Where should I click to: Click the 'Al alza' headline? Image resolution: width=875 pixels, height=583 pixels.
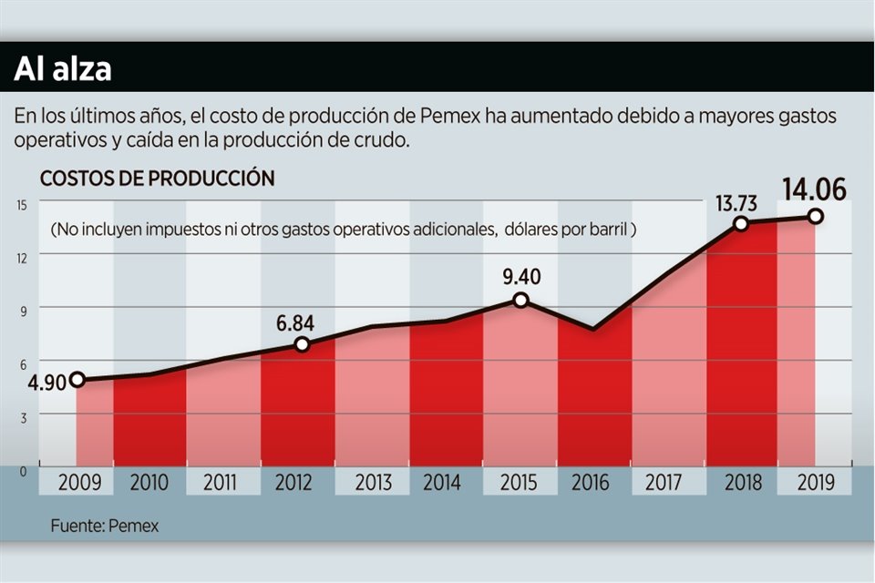pyautogui.click(x=62, y=69)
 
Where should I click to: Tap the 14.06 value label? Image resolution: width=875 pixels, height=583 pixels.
pyautogui.click(x=814, y=189)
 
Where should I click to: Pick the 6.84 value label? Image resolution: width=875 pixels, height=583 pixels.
pyautogui.click(x=303, y=322)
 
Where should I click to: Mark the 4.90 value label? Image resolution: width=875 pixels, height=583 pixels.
pyautogui.click(x=46, y=382)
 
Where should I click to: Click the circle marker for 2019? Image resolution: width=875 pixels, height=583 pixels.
pyautogui.click(x=816, y=217)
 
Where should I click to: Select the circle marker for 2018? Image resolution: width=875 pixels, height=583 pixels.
pyautogui.click(x=742, y=223)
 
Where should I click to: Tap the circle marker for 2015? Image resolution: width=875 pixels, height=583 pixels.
pyautogui.click(x=520, y=300)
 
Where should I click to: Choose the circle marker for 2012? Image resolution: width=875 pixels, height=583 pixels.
pyautogui.click(x=303, y=344)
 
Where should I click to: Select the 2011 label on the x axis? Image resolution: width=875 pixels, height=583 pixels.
pyautogui.click(x=222, y=483)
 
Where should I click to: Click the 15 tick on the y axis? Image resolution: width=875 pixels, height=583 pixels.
pyautogui.click(x=20, y=204)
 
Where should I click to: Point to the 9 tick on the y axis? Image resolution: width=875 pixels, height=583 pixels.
pyautogui.click(x=21, y=310)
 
